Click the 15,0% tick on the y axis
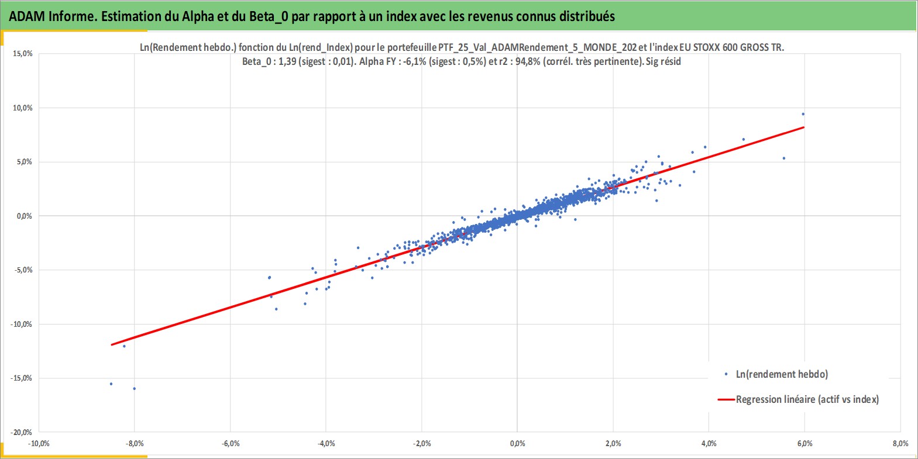(x=23, y=54)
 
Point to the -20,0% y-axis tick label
(x=21, y=432)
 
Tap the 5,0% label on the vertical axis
(x=24, y=162)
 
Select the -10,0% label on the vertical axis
(x=21, y=325)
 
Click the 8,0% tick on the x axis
(x=900, y=443)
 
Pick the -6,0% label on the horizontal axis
(x=231, y=443)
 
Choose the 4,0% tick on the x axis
(x=709, y=443)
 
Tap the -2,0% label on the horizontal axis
(x=422, y=443)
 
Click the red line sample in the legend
(x=726, y=399)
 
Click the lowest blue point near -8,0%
(x=135, y=389)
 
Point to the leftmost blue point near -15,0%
(x=111, y=384)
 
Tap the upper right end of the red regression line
(x=804, y=127)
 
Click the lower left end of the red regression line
(x=112, y=344)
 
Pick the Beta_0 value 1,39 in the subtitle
(x=287, y=62)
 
